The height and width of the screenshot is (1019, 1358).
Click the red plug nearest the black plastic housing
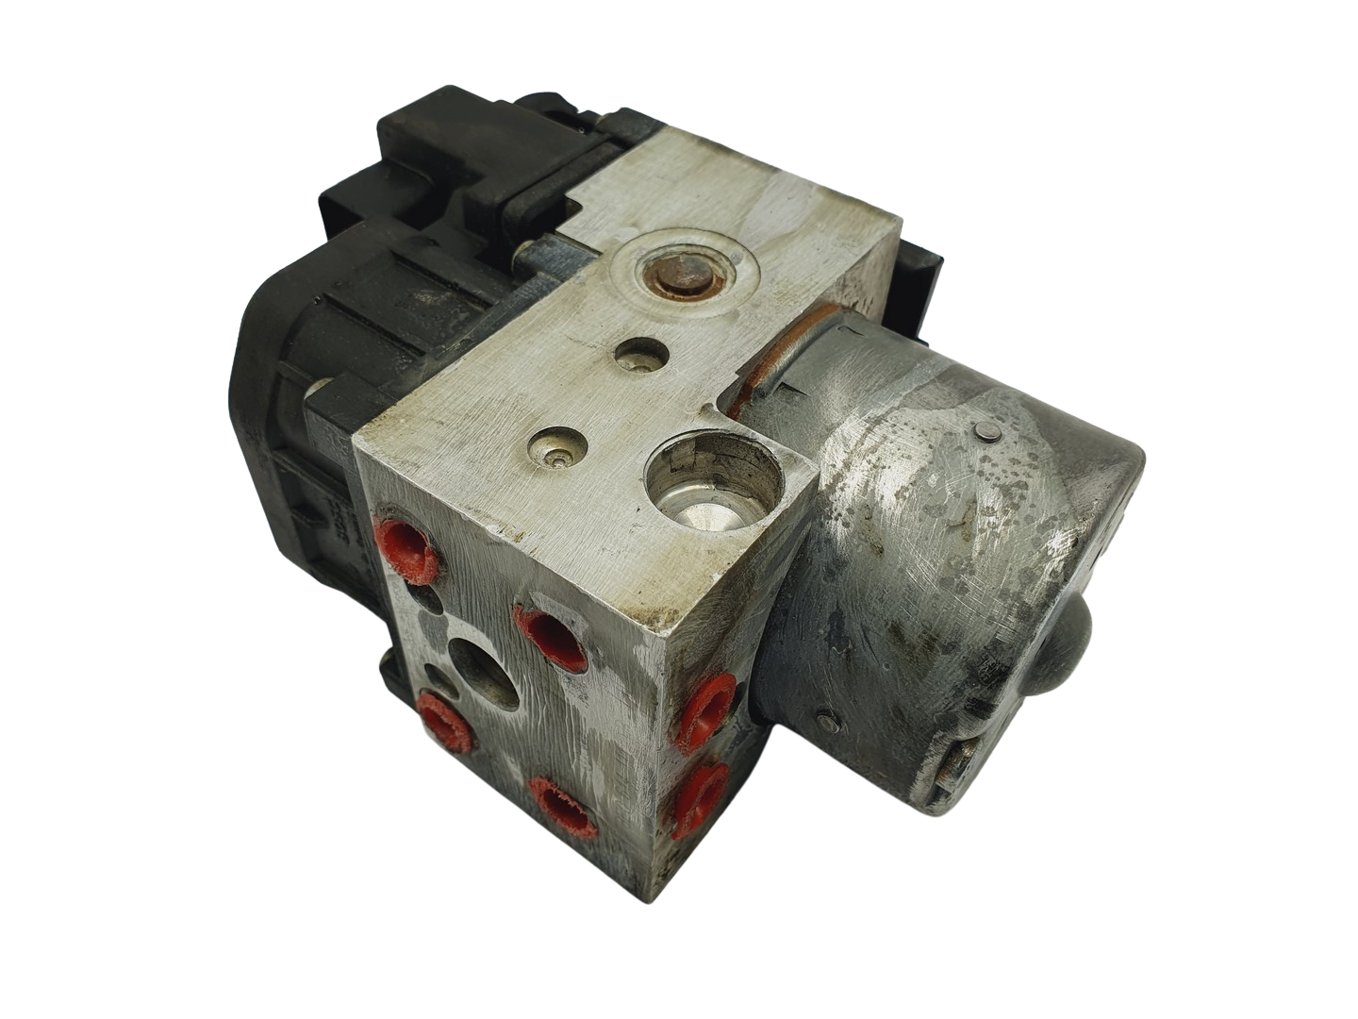pos(408,548)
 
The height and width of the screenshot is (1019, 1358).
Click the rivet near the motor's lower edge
pos(827,716)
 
